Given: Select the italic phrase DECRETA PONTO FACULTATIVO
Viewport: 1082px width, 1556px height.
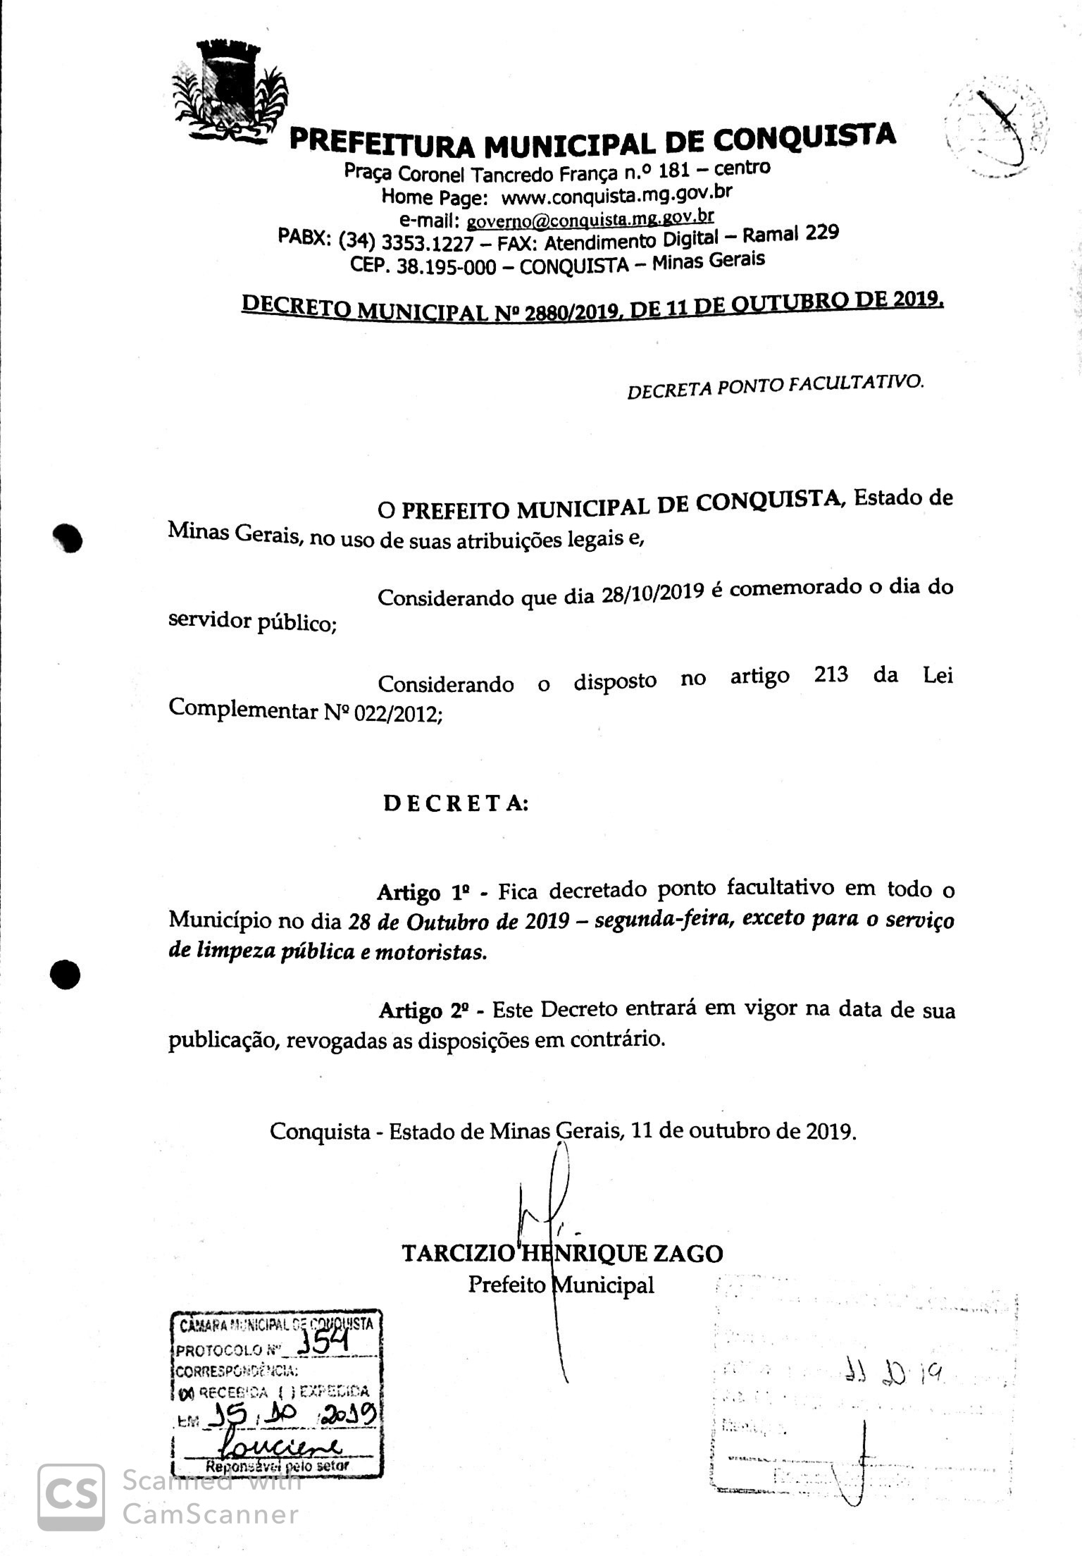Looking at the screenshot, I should click(x=775, y=385).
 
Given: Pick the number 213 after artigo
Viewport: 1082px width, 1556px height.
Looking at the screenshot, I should click(x=831, y=674).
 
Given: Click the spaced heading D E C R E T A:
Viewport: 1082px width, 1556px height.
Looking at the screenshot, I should click(x=456, y=803).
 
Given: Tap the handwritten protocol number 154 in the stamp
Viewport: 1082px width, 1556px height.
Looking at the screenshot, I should click(x=323, y=1347).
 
